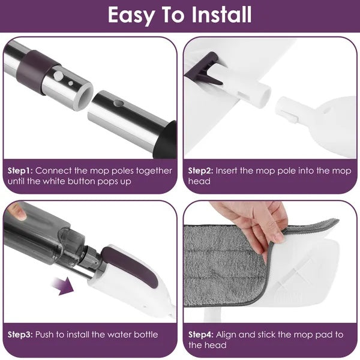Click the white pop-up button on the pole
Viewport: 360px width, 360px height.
60,76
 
